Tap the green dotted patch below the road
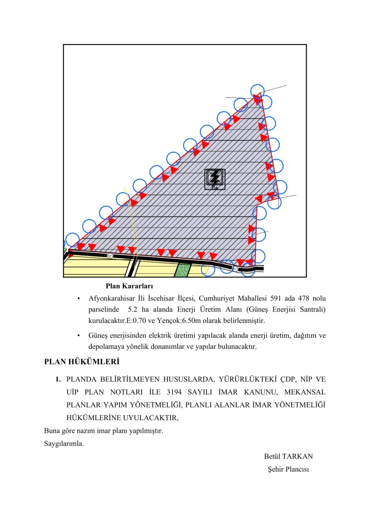pyautogui.click(x=183, y=270)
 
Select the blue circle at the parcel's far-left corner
pyautogui.click(x=72, y=240)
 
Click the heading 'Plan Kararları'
pyautogui.click(x=129, y=286)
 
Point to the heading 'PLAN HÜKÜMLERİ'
pyautogui.click(x=82, y=362)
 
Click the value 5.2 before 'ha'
pyautogui.click(x=132, y=310)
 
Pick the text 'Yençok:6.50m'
pyautogui.click(x=179, y=321)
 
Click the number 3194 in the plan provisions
pyautogui.click(x=174, y=392)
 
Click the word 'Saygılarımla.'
pyautogui.click(x=64, y=443)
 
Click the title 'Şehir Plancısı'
pyautogui.click(x=288, y=469)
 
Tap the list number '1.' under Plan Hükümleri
pyautogui.click(x=58, y=379)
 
